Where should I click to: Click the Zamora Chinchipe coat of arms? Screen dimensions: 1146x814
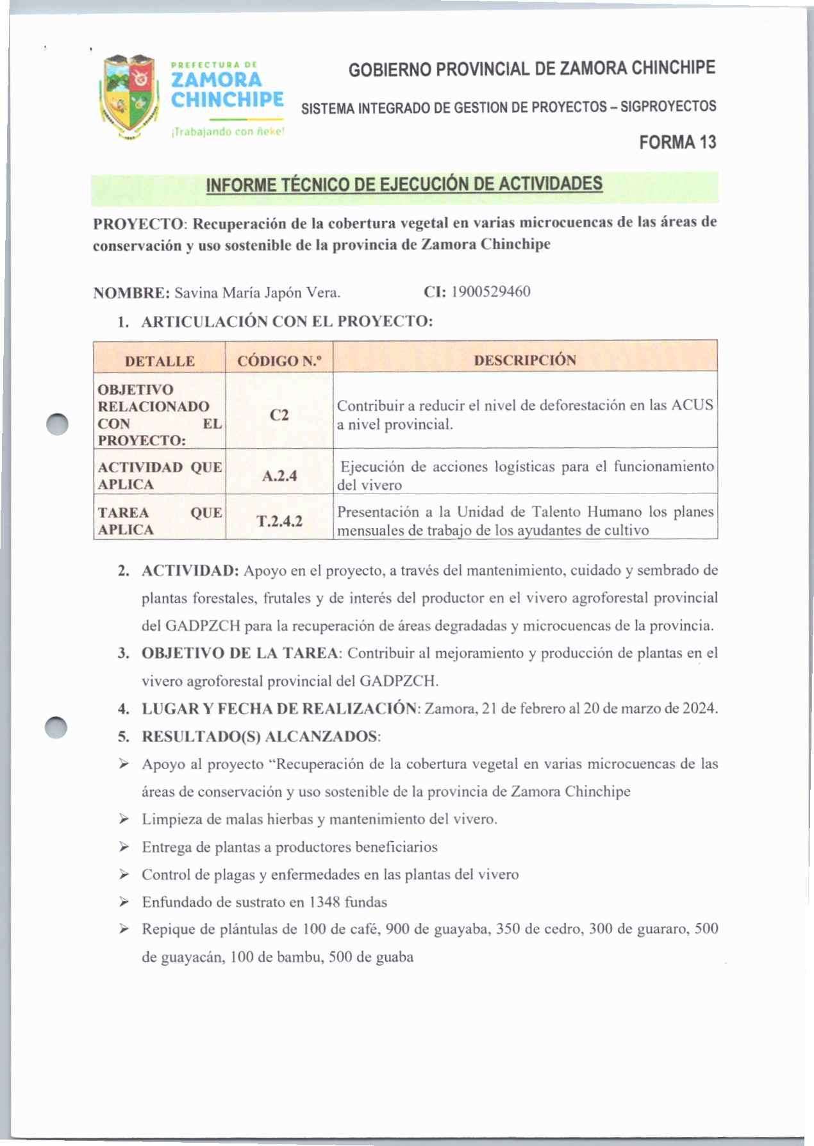click(x=129, y=96)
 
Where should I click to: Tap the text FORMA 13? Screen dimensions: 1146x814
click(x=677, y=142)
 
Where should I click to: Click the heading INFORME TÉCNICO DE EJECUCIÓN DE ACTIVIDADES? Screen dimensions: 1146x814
click(x=404, y=185)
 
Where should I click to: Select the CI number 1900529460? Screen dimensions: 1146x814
click(x=490, y=292)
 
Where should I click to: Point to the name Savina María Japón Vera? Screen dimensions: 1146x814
click(x=257, y=293)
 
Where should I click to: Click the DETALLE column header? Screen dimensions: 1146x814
click(x=160, y=361)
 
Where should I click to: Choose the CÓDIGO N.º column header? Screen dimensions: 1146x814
click(x=279, y=361)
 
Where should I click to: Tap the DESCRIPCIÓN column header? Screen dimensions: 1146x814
click(x=524, y=360)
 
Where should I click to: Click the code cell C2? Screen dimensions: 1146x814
click(x=279, y=415)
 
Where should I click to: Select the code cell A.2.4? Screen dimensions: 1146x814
click(x=279, y=476)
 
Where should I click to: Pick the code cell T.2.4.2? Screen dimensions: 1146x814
click(x=279, y=520)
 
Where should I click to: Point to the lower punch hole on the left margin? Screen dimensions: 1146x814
click(x=56, y=727)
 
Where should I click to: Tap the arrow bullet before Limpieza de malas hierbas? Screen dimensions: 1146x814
click(x=124, y=819)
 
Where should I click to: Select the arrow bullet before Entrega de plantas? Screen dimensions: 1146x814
click(x=124, y=847)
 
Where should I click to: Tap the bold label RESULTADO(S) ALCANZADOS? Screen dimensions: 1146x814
click(x=260, y=736)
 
